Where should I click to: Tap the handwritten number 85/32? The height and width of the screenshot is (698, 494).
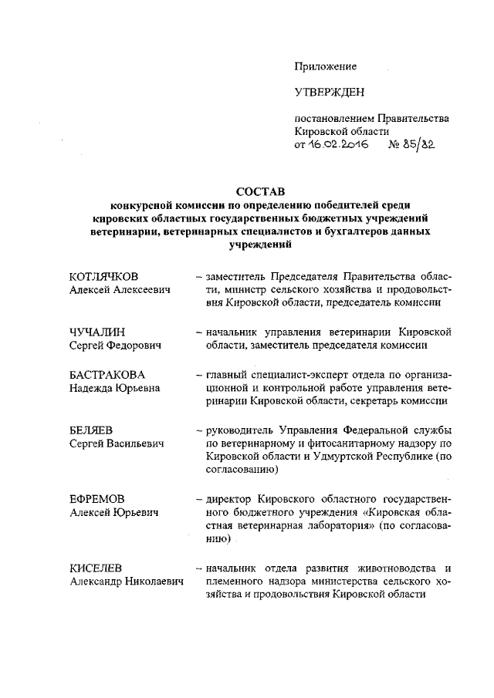[421, 145]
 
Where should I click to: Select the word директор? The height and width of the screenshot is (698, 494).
[229, 498]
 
